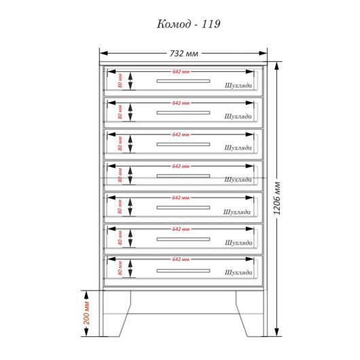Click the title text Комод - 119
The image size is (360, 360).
click(x=189, y=24)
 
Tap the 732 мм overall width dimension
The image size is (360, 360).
click(x=184, y=54)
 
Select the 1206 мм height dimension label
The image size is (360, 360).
click(x=277, y=198)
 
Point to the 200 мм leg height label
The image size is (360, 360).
click(x=86, y=313)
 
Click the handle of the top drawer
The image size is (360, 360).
click(x=183, y=81)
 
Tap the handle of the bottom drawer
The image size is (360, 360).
click(x=183, y=271)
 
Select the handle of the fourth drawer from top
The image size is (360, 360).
click(x=183, y=176)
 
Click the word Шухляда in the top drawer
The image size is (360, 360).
click(x=238, y=86)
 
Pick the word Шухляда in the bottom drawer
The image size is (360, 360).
click(x=238, y=272)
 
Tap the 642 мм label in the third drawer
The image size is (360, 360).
click(x=181, y=134)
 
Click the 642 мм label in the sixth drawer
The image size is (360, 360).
click(x=181, y=229)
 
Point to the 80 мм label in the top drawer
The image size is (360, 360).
click(x=120, y=81)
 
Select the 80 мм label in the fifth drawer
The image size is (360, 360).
click(x=120, y=206)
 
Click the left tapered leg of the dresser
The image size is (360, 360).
click(x=117, y=314)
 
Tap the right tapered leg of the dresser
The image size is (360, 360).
click(x=249, y=314)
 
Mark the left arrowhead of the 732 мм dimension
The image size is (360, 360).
click(x=104, y=53)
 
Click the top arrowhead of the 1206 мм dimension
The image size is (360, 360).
click(x=277, y=66)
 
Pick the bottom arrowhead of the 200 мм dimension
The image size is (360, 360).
click(x=86, y=332)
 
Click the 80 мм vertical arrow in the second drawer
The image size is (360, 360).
click(x=130, y=112)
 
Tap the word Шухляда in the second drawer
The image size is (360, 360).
click(x=238, y=116)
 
